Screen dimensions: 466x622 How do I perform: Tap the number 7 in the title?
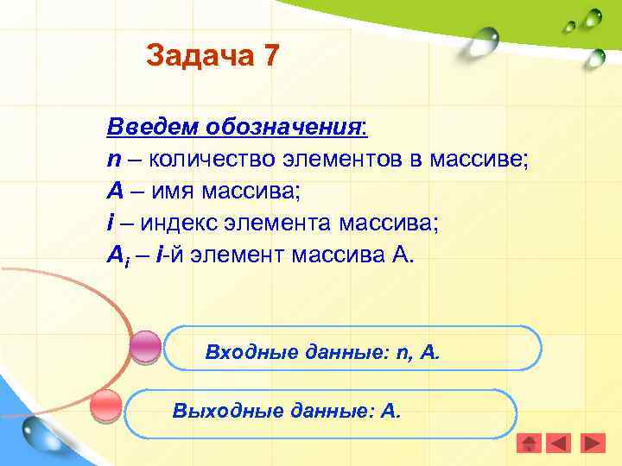coord(270,56)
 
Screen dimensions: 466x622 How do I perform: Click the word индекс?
coord(181,223)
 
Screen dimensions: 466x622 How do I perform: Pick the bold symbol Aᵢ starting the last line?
coord(117,255)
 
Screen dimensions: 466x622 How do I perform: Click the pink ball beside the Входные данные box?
coord(145,347)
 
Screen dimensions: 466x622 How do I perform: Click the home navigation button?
coord(529,444)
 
